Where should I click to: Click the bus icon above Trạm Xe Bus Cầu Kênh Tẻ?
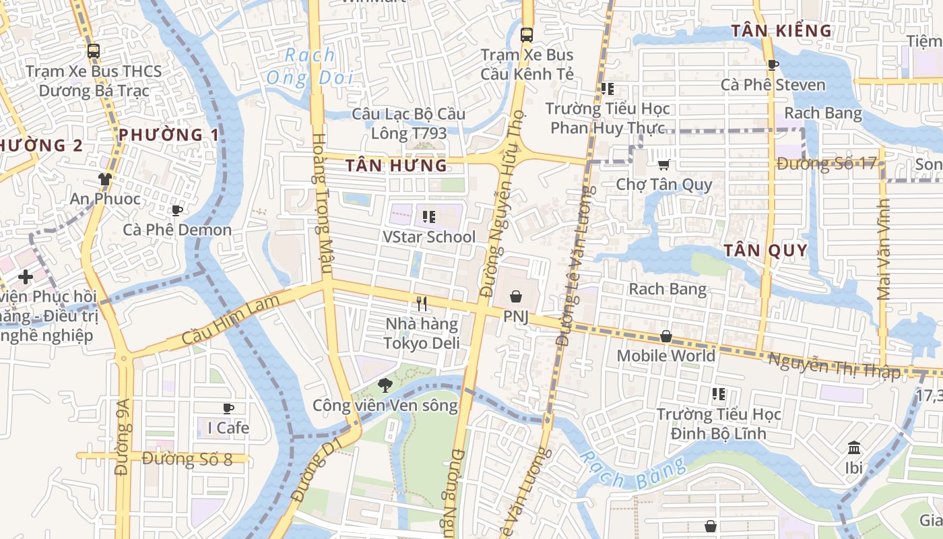[x=527, y=34]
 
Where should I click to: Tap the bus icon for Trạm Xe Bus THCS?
[x=94, y=51]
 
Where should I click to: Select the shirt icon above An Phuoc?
[x=104, y=179]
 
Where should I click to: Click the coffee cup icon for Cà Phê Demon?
[x=177, y=210]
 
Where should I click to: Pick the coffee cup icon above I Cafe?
[x=228, y=408]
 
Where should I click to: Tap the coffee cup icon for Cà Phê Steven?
[x=773, y=65]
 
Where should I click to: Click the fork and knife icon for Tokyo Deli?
[x=422, y=304]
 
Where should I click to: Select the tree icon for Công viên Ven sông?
[x=385, y=385]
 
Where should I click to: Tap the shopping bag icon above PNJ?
[x=516, y=296]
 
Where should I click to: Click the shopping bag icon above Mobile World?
[x=666, y=336]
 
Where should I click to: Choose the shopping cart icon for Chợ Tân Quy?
[x=663, y=164]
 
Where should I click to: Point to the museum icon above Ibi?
[x=854, y=447]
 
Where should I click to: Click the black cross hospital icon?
[x=26, y=276]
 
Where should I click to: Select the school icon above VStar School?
[x=428, y=217]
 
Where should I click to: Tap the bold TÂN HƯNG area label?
[x=396, y=165]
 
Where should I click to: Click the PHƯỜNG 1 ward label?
[x=168, y=135]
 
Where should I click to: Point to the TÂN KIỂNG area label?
[x=781, y=30]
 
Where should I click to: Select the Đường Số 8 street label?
[x=187, y=459]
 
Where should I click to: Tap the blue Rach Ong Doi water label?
[x=310, y=66]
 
